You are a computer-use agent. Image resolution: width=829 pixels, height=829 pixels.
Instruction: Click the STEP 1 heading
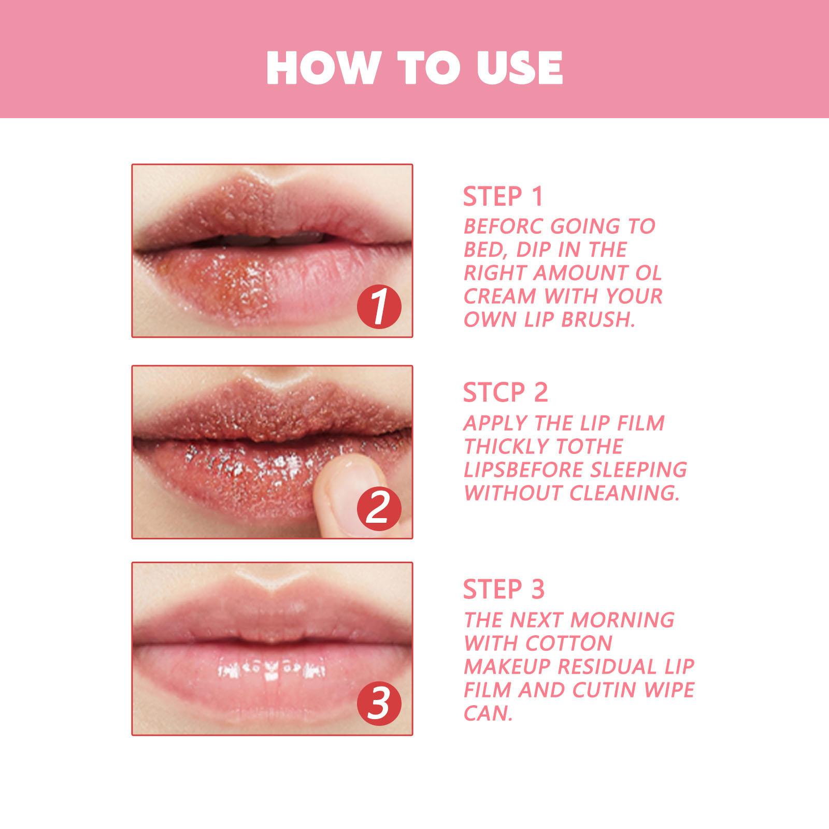503,197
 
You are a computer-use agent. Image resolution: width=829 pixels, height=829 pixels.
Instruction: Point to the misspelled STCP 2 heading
505,393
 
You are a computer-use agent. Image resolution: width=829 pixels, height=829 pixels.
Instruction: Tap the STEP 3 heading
504,590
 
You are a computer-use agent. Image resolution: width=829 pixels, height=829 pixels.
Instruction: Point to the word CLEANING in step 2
624,493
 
